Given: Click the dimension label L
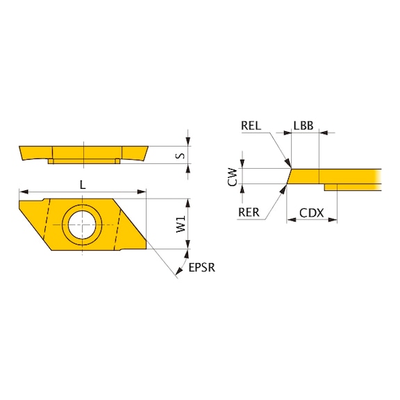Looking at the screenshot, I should point(83,184).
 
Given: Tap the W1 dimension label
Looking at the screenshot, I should point(181,224).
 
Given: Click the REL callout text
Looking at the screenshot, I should point(251,126).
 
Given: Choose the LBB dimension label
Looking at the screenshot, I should point(303,126).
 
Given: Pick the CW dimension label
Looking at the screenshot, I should point(234,176).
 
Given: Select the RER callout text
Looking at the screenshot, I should point(250,213).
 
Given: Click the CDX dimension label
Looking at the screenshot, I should point(311,213).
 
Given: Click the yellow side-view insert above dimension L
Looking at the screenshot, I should point(83,152).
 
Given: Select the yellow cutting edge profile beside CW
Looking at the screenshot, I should point(333,176).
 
